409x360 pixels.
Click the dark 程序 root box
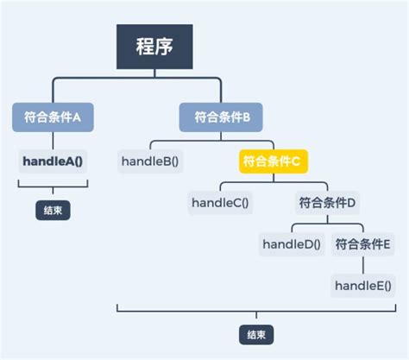coord(154,47)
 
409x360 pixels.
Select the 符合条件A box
coord(53,117)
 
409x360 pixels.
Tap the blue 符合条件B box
coord(221,117)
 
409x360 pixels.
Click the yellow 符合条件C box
coord(270,161)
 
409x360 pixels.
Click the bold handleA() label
coord(53,161)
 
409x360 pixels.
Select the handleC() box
coord(219,203)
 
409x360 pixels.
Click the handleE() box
coord(362,285)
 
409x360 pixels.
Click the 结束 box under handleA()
coord(53,210)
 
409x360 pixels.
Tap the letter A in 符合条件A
coord(77,117)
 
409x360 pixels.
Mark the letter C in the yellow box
coord(295,161)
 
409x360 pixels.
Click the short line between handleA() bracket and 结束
coord(53,195)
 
